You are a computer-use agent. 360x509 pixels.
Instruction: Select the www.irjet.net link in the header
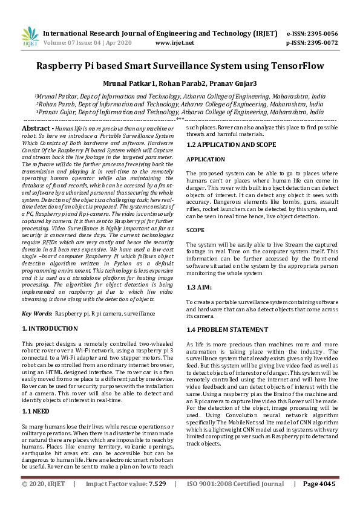[x=175, y=43]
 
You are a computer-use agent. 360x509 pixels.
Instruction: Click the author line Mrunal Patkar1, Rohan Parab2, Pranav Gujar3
[x=180, y=83]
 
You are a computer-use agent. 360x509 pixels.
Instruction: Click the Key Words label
[x=36, y=314]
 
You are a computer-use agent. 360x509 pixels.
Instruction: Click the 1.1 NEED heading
[x=36, y=410]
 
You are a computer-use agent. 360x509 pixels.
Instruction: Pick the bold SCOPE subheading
[x=195, y=230]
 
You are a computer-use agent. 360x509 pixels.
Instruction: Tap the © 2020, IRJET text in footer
[x=44, y=484]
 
